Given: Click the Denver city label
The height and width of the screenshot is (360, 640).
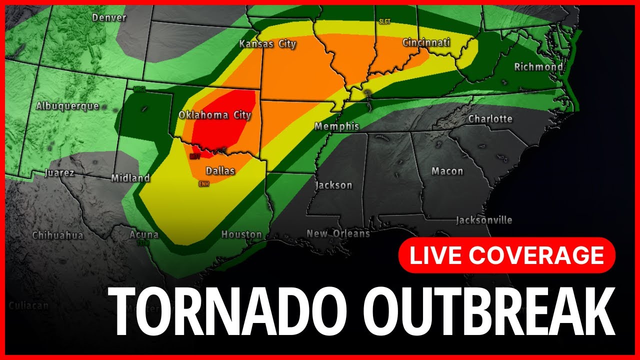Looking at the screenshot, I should tap(109, 18).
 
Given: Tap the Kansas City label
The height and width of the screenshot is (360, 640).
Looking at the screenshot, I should tap(267, 44).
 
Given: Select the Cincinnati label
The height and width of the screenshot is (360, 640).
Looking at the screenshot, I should tap(426, 42).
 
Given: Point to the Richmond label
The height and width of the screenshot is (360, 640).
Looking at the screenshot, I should tap(538, 66).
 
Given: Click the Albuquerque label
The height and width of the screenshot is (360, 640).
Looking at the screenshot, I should tap(67, 106).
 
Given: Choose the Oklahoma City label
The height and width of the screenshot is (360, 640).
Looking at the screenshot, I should tap(215, 115).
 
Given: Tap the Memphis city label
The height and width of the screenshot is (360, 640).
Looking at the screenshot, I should tap(337, 126).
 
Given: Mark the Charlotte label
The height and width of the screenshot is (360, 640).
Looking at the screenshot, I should tap(490, 118).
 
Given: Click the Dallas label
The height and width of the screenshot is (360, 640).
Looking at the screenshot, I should tap(220, 171).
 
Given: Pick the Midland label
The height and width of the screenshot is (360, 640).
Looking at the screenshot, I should tap(130, 177).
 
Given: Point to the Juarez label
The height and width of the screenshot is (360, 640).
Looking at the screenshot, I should tap(59, 173).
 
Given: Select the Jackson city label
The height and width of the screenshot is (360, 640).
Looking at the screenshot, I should tap(333, 185).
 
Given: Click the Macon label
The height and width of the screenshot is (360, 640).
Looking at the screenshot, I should tap(447, 171).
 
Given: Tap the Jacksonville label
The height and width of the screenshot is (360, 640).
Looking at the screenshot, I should tap(484, 220).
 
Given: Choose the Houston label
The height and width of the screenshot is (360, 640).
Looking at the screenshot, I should tap(241, 234).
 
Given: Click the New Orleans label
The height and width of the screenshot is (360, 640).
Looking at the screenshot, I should tap(338, 233).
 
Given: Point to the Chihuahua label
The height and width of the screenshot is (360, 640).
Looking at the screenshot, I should tap(57, 235).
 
